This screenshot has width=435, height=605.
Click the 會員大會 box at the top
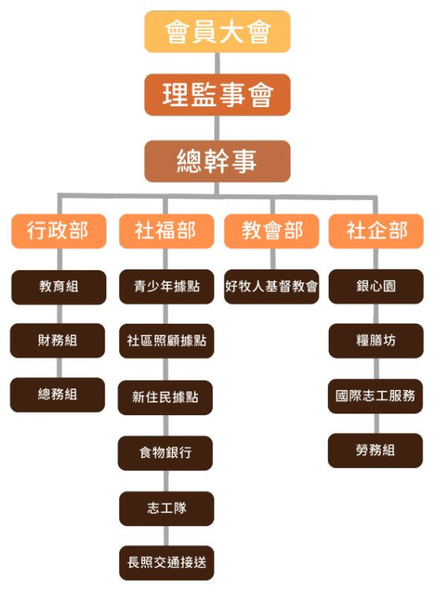[217, 32]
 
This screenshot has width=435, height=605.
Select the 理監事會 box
[217, 95]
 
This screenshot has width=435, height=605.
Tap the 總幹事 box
[217, 161]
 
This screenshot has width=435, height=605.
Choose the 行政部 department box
[58, 231]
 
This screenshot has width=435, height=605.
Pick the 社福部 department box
[166, 231]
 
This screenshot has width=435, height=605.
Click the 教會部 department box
[271, 231]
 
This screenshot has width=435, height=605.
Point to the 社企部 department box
[376, 231]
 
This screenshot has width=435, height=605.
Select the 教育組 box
[58, 287]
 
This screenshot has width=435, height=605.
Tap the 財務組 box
[58, 340]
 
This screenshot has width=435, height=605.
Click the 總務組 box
[58, 395]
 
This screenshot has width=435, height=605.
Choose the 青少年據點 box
[166, 286]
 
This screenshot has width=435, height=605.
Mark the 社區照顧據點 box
[166, 340]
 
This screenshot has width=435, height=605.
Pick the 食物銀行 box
[165, 453]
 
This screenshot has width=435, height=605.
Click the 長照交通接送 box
[166, 562]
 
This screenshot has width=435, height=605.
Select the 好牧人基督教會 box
[271, 286]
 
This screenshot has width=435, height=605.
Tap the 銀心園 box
[376, 286]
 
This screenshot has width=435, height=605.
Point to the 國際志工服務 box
[376, 396]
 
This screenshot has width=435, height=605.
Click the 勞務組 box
[376, 451]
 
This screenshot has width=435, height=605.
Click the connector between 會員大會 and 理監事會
[217, 63]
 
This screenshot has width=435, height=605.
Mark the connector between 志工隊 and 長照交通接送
[166, 536]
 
